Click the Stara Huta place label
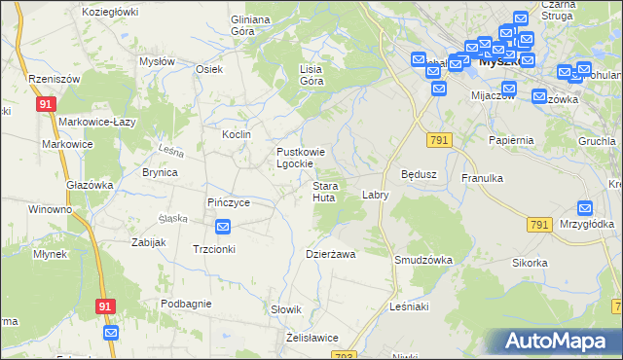coord(324,192)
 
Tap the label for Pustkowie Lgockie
coord(308,158)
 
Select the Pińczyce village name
coord(229,202)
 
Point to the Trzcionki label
coord(215,248)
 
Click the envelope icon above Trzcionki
coord(222,227)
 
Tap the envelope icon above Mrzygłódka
coord(584,207)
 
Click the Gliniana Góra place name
coord(249,25)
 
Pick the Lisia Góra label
coord(311,75)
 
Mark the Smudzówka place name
coord(421,260)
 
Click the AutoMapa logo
coord(556,342)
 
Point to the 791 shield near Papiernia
coord(439,141)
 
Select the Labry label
coord(376,195)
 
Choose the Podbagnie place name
coord(186,304)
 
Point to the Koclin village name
coord(237,134)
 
